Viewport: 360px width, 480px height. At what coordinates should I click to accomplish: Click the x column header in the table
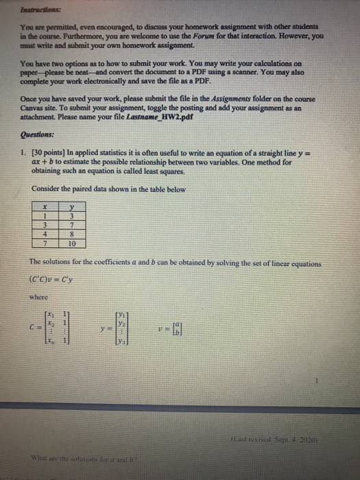pyautogui.click(x=45, y=208)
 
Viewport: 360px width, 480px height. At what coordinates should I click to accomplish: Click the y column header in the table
pyautogui.click(x=71, y=208)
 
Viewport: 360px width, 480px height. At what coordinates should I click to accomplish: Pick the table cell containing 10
pyautogui.click(x=71, y=243)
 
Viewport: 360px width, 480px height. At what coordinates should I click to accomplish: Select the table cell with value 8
pyautogui.click(x=71, y=235)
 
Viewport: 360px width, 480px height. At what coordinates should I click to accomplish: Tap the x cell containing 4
pyautogui.click(x=45, y=235)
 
